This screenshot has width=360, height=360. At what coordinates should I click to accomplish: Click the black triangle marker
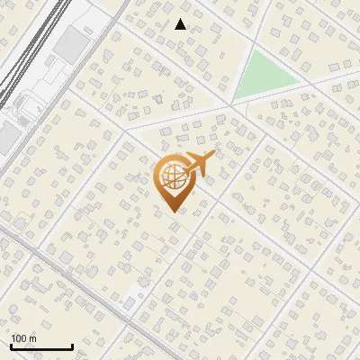pyautogui.click(x=181, y=24)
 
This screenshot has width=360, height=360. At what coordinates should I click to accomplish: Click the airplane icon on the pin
pyautogui.click(x=199, y=164)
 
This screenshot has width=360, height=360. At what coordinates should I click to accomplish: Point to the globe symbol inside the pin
pyautogui.click(x=170, y=178)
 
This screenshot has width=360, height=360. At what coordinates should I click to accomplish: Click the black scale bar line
pyautogui.click(x=41, y=346)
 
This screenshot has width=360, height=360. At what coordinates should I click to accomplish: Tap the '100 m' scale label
pyautogui.click(x=24, y=338)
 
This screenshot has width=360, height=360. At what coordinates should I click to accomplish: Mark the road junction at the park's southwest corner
pyautogui.click(x=232, y=102)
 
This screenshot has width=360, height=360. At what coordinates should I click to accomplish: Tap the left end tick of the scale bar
pyautogui.click(x=12, y=345)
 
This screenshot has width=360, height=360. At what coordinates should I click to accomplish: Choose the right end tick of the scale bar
pyautogui.click(x=72, y=345)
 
